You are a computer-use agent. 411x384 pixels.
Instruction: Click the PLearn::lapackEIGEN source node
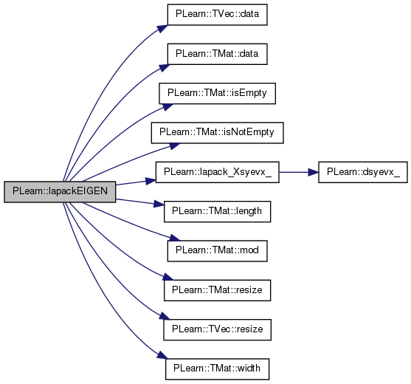pyautogui.click(x=60, y=192)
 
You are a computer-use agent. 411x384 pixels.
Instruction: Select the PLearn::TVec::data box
pyautogui.click(x=217, y=15)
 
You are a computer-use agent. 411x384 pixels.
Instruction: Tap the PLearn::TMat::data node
pyautogui.click(x=217, y=54)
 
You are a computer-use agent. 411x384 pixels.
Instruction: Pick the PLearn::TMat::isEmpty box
pyautogui.click(x=217, y=93)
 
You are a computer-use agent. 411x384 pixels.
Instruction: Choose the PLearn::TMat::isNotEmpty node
pyautogui.click(x=217, y=133)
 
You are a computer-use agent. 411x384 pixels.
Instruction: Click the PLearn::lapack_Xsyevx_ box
pyautogui.click(x=217, y=172)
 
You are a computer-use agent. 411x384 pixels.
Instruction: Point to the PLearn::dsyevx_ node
pyautogui.click(x=363, y=172)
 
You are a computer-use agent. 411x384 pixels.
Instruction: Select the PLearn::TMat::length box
pyautogui.click(x=217, y=211)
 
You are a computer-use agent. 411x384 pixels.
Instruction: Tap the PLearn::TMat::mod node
pyautogui.click(x=217, y=251)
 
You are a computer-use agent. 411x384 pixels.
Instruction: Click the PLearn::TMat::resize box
pyautogui.click(x=217, y=290)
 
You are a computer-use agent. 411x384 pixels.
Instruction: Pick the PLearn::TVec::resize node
pyautogui.click(x=217, y=329)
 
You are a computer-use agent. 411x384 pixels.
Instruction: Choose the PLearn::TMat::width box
pyautogui.click(x=217, y=368)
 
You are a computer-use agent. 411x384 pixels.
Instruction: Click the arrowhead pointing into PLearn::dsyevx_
pyautogui.click(x=313, y=172)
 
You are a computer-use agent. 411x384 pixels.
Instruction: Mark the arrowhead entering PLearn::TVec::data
pyautogui.click(x=163, y=28)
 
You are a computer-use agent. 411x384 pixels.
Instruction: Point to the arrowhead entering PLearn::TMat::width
pyautogui.click(x=162, y=356)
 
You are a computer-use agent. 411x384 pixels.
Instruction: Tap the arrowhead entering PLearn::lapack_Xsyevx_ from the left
pyautogui.click(x=151, y=181)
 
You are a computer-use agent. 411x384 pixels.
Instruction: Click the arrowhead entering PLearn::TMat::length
pyautogui.click(x=159, y=204)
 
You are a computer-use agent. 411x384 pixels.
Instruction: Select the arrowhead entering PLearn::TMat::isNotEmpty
pyautogui.click(x=175, y=145)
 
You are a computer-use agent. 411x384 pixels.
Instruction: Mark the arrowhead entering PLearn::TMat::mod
pyautogui.click(x=175, y=238)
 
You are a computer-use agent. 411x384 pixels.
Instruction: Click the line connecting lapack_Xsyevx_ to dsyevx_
pyautogui.click(x=294, y=172)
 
